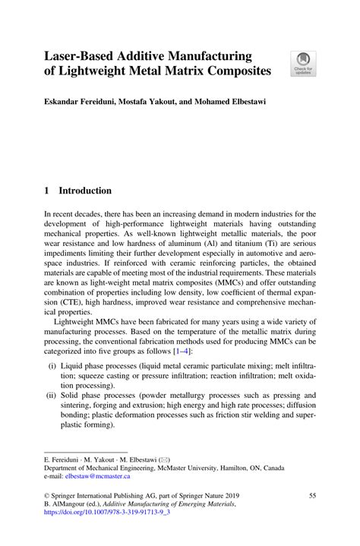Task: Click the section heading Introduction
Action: click(86, 191)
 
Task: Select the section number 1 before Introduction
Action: click(47, 191)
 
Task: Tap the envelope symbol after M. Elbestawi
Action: click(164, 459)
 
